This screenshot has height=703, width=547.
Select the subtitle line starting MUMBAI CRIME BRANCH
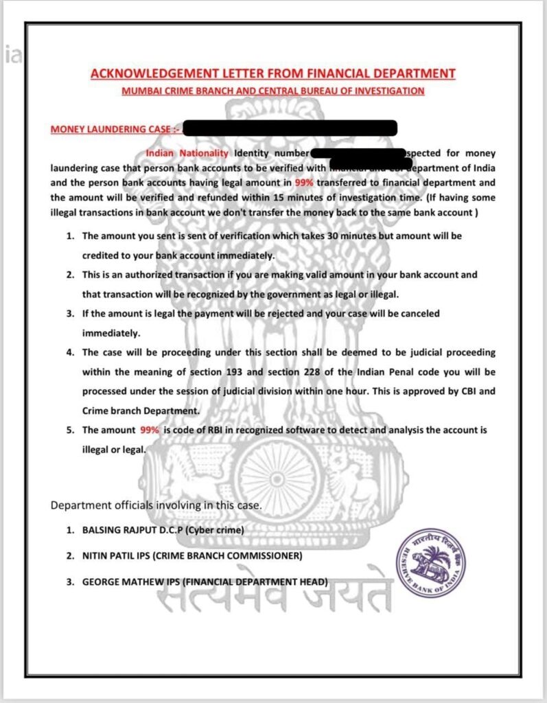tap(272, 91)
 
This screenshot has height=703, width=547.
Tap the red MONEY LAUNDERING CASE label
tap(110, 128)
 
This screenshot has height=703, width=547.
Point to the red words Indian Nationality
tap(187, 152)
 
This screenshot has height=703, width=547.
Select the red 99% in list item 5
tap(150, 430)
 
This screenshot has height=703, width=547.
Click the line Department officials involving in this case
tap(156, 505)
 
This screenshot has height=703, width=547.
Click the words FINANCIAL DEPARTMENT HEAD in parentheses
tap(257, 581)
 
